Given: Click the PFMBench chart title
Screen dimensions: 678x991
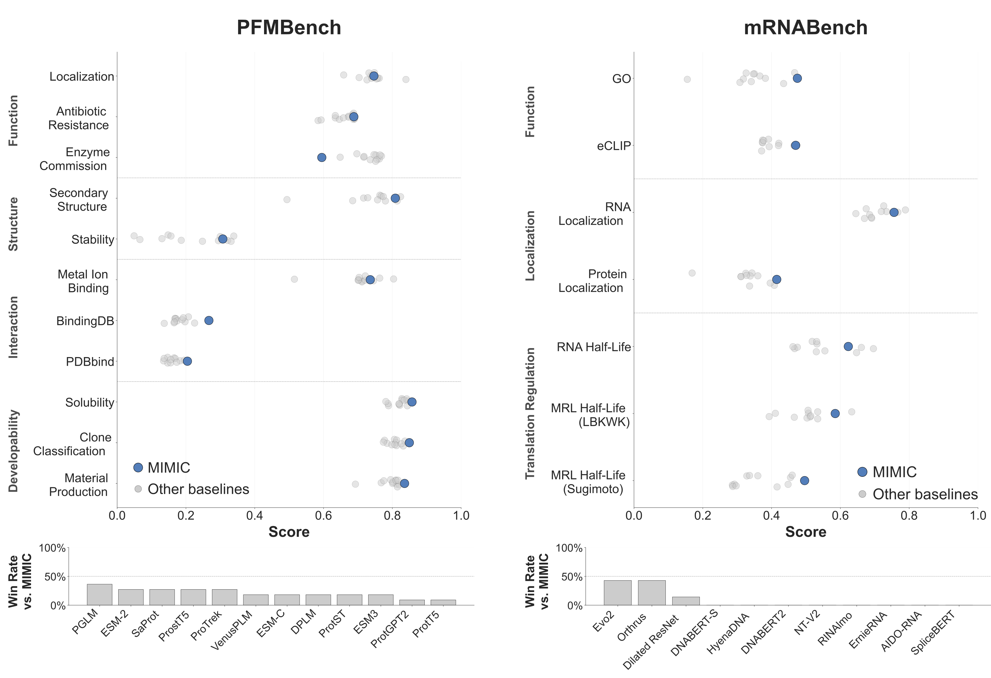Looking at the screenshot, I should [289, 28].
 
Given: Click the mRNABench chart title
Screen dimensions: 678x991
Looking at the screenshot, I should [805, 28].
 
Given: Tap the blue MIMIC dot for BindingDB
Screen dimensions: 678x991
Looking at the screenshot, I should [208, 320].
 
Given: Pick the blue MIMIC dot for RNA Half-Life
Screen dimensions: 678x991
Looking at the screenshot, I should [848, 346].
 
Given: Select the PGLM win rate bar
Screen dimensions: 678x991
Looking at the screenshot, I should [99, 594].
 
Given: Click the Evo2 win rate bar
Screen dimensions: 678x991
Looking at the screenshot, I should [617, 593].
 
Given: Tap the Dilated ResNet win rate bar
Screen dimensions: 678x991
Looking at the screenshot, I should [686, 601].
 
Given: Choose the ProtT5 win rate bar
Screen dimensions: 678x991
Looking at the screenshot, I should [443, 602].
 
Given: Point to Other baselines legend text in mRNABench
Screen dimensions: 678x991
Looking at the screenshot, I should [925, 494].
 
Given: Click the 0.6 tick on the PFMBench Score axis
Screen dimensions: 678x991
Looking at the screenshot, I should [323, 516].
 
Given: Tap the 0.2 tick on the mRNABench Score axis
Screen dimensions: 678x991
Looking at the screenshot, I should [702, 516].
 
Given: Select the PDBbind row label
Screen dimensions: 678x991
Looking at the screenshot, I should [90, 362].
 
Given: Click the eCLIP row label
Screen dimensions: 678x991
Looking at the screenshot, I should [613, 146].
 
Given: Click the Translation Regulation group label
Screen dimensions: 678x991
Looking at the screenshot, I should [530, 413].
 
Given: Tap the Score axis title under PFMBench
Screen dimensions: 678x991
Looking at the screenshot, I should [289, 532].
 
